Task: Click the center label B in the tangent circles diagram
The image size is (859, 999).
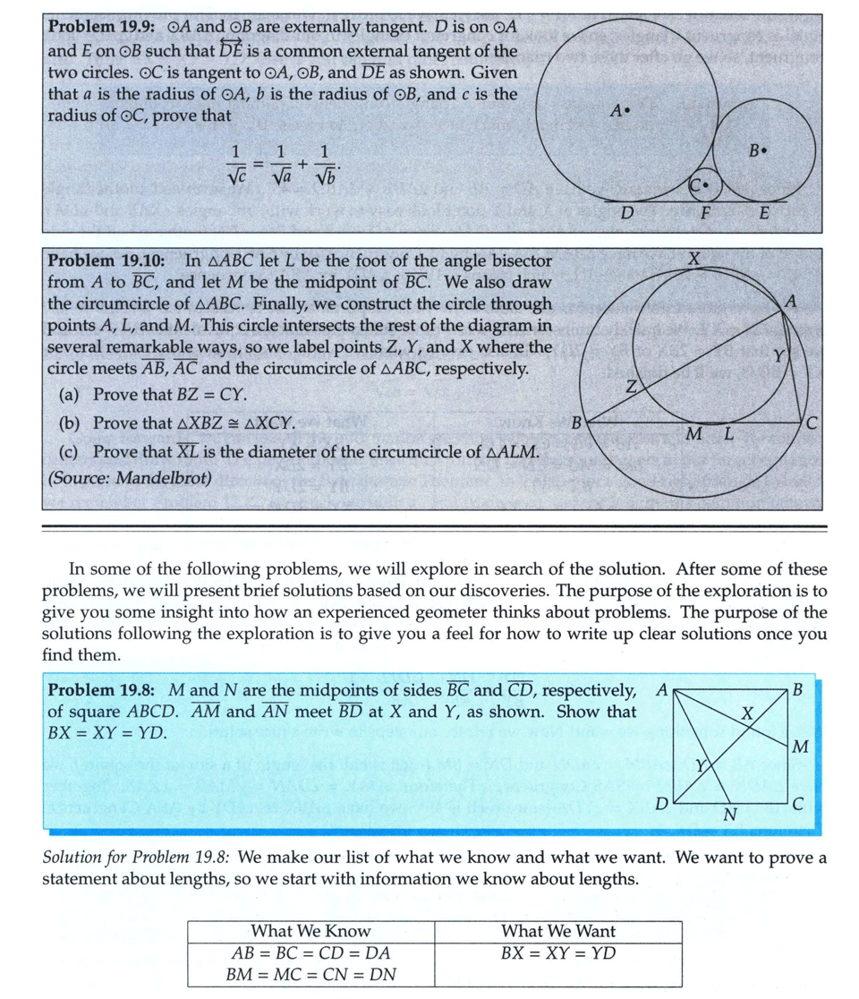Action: [x=757, y=151]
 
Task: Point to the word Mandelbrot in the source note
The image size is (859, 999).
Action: [x=172, y=477]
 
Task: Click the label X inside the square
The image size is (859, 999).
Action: [x=748, y=713]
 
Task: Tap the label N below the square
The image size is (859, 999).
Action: [x=728, y=815]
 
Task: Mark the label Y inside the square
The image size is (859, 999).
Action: [x=702, y=765]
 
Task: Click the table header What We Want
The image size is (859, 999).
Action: [x=557, y=931]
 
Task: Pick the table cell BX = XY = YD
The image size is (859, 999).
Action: [x=557, y=952]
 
